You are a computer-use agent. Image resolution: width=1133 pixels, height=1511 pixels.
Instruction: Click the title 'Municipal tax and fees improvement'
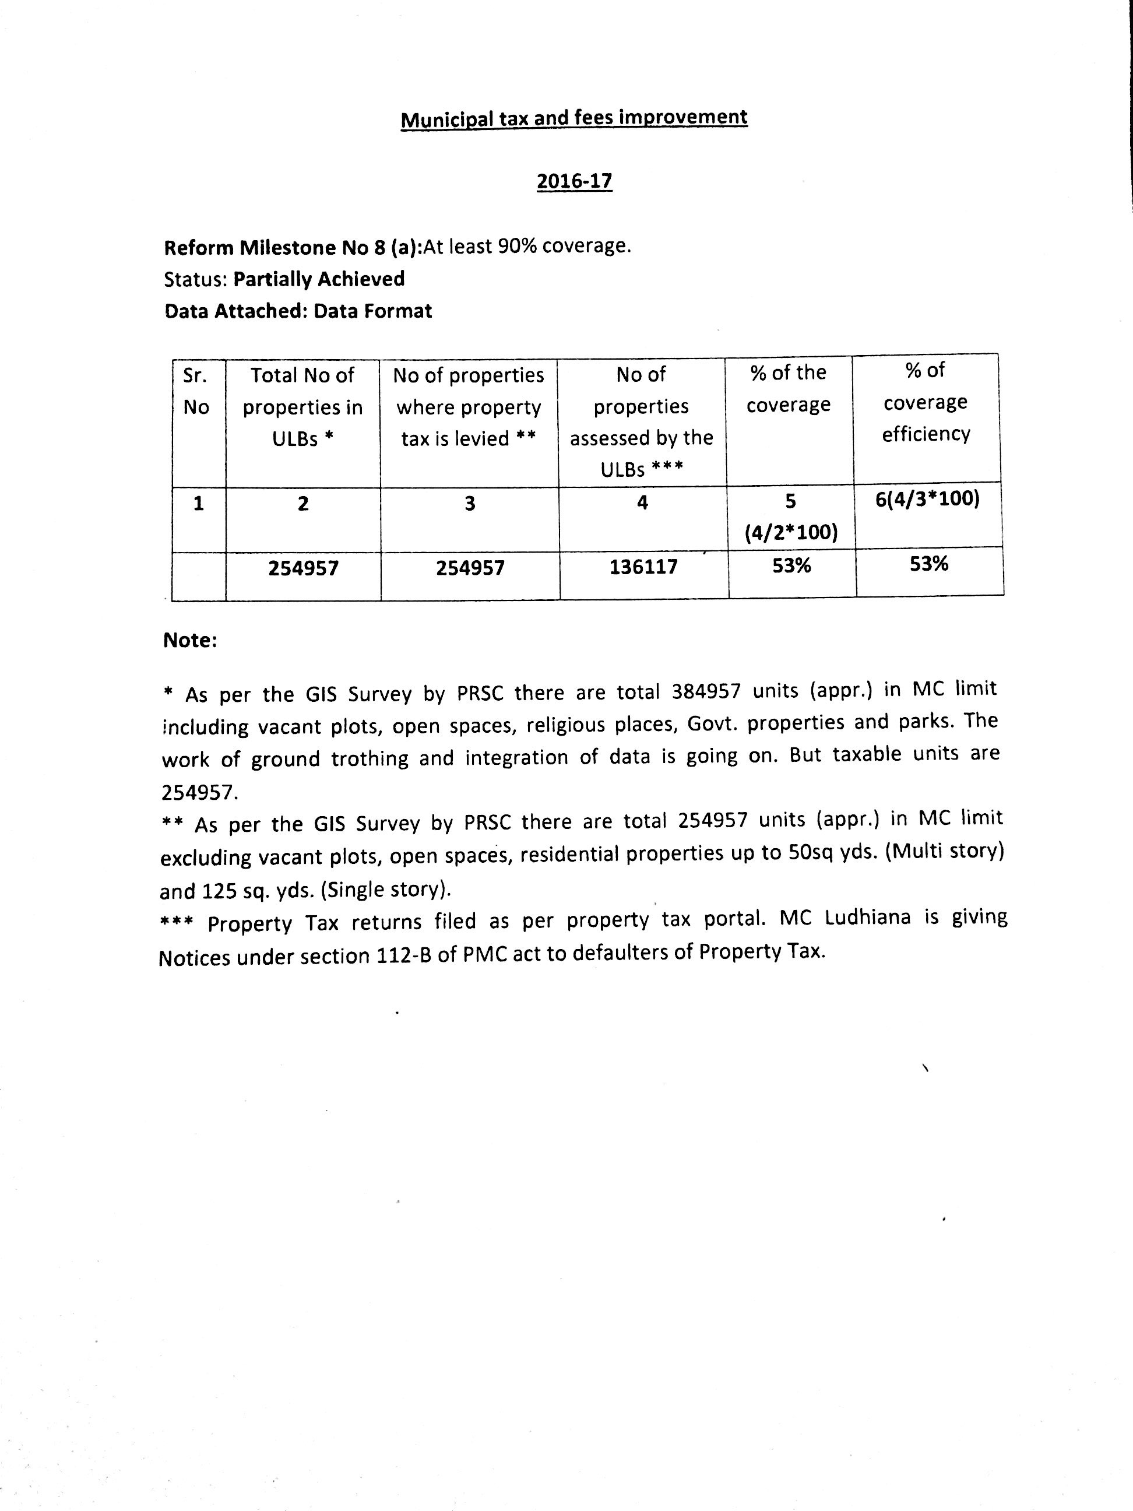pos(573,118)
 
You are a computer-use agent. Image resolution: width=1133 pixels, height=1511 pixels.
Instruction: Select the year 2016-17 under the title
pos(573,181)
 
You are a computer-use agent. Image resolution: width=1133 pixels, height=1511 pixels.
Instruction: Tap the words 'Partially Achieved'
pos(319,279)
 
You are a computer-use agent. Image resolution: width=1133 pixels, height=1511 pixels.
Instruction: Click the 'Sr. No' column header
pos(196,391)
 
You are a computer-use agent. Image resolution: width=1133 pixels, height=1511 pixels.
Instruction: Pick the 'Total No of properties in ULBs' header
pos(302,406)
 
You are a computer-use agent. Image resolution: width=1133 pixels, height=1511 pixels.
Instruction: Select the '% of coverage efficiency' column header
pos(926,402)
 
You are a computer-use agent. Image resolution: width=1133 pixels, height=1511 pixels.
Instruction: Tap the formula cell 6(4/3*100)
pos(927,500)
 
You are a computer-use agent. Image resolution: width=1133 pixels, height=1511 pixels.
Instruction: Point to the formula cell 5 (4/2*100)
pos(791,516)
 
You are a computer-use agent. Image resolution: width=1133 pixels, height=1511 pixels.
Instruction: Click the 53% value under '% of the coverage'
pos(791,565)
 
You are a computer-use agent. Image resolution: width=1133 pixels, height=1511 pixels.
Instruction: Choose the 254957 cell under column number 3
pos(470,568)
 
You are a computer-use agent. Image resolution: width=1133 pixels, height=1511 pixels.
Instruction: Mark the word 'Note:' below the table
pos(190,640)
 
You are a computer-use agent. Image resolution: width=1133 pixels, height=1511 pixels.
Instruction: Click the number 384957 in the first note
pos(706,691)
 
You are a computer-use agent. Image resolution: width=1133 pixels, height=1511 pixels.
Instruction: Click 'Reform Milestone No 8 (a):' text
pos(293,247)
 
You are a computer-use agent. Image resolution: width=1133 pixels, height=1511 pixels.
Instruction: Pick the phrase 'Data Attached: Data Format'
pos(298,311)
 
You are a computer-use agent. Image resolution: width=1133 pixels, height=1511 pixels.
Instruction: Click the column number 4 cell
pos(642,503)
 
